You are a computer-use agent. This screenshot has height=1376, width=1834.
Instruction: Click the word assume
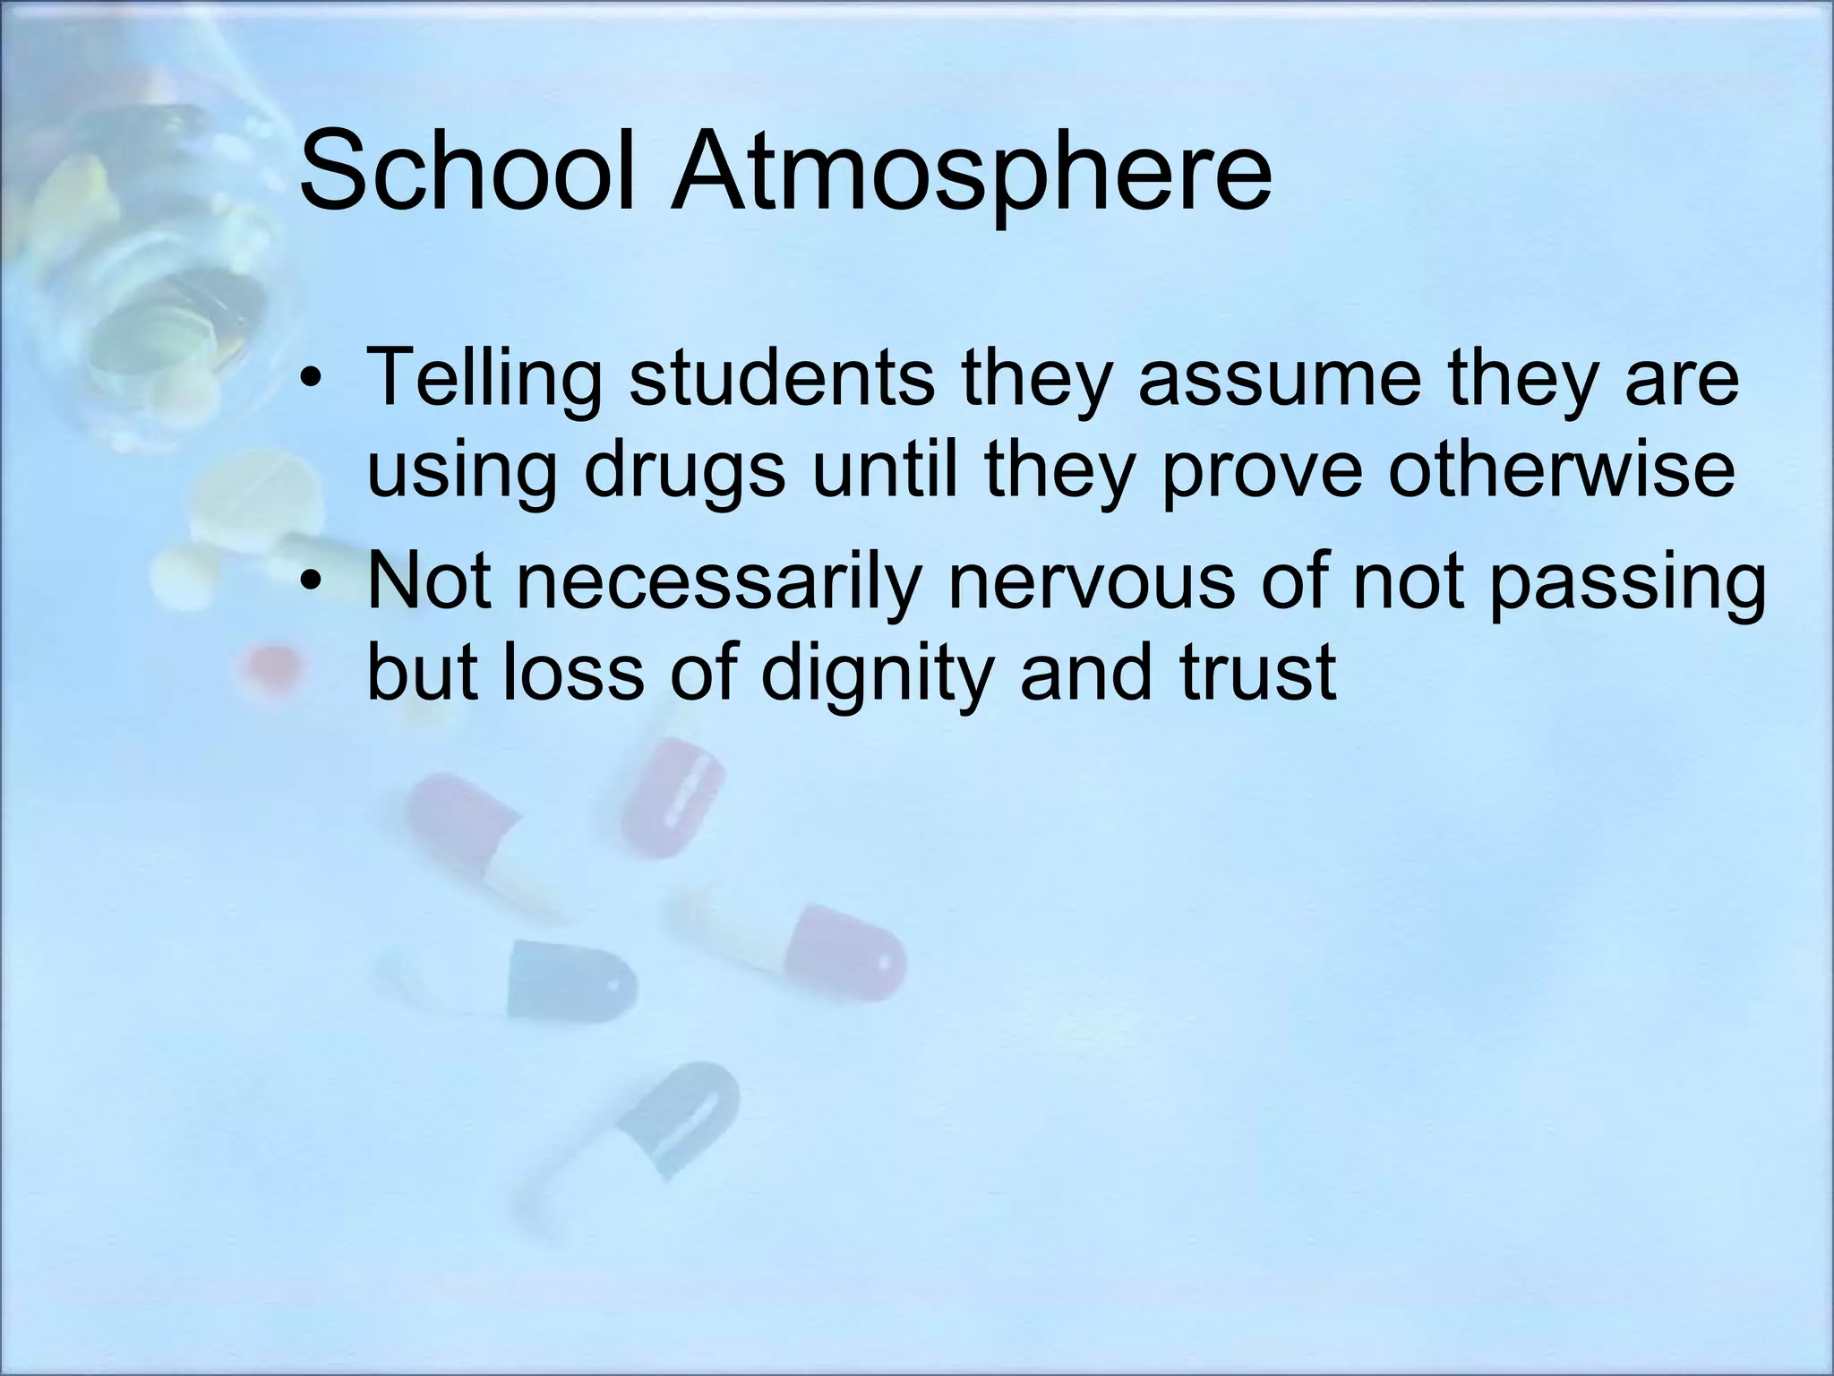pyautogui.click(x=1280, y=378)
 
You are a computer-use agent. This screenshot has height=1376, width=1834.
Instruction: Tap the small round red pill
pyautogui.click(x=271, y=667)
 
